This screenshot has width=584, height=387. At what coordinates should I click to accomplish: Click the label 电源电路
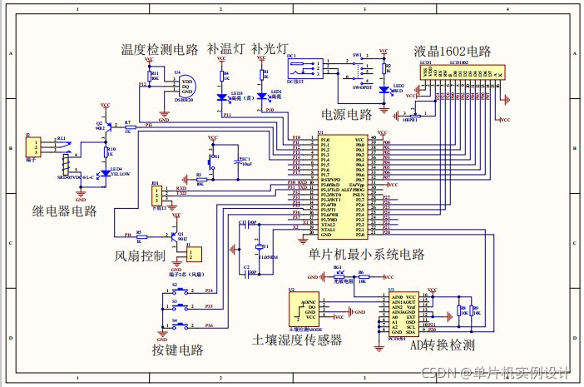click(x=347, y=114)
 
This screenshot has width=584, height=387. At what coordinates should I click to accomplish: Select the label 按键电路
click(x=178, y=349)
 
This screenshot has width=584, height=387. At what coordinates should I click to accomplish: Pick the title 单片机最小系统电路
click(x=366, y=254)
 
